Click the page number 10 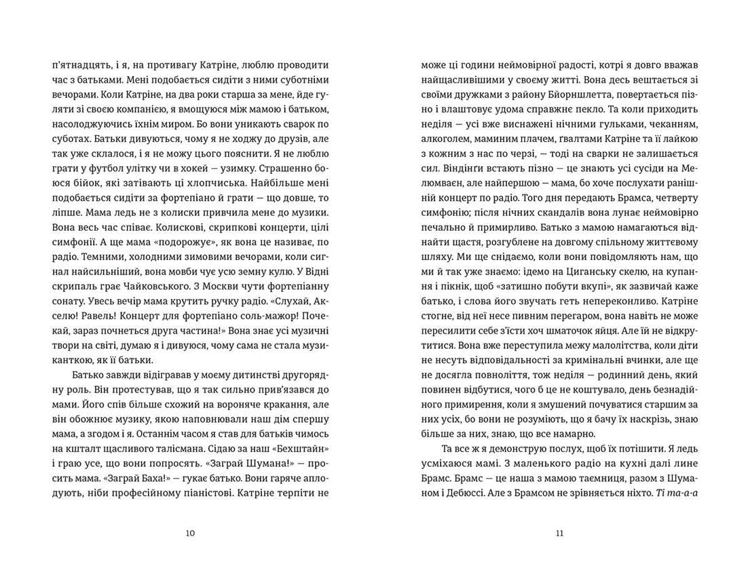coord(190,533)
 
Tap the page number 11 coord(559,533)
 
